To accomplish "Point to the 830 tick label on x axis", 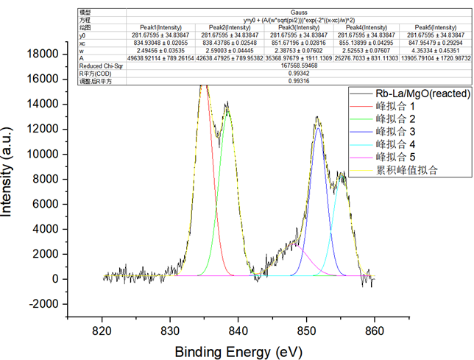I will coord(170,331).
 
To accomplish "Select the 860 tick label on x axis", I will coord(375,331).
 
